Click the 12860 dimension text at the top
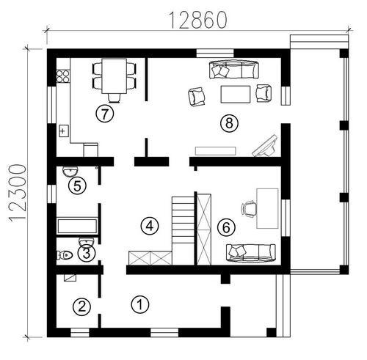point(198,20)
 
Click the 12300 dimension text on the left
point(17,194)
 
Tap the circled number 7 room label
point(105,114)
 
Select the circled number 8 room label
point(229,122)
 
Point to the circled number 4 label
point(150,226)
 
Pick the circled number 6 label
point(226,227)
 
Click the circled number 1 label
point(140,304)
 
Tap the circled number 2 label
point(81,306)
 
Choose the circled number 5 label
point(77,186)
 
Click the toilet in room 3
point(65,255)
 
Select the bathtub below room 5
point(77,226)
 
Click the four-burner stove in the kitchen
point(63,76)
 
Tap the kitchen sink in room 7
point(64,131)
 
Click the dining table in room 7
point(115,76)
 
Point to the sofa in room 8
point(234,70)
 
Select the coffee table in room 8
point(236,94)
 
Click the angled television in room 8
point(265,146)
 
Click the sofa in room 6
point(251,253)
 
